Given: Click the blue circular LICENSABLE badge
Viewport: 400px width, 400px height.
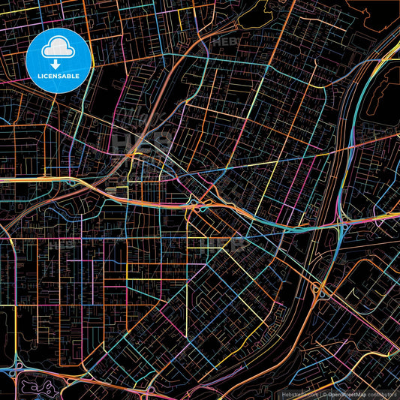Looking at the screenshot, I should [58, 61].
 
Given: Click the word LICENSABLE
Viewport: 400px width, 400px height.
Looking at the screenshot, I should [58, 76].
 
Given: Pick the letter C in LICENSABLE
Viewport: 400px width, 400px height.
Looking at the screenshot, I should [47, 76].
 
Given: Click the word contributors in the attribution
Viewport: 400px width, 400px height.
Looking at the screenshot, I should [382, 394].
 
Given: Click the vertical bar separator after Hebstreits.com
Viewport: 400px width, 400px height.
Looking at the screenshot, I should [320, 394].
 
